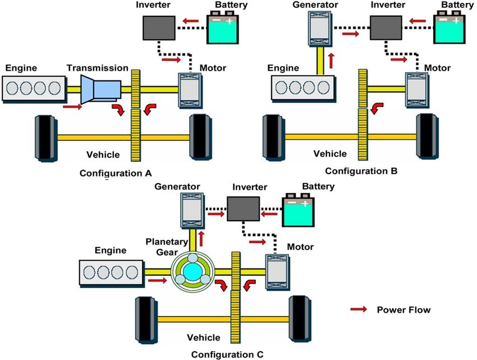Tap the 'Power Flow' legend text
tap(402, 309)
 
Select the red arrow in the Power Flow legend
tap(359, 309)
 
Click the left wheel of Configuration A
tap(47, 136)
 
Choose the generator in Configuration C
tap(191, 209)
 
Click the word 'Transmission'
tap(97, 68)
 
